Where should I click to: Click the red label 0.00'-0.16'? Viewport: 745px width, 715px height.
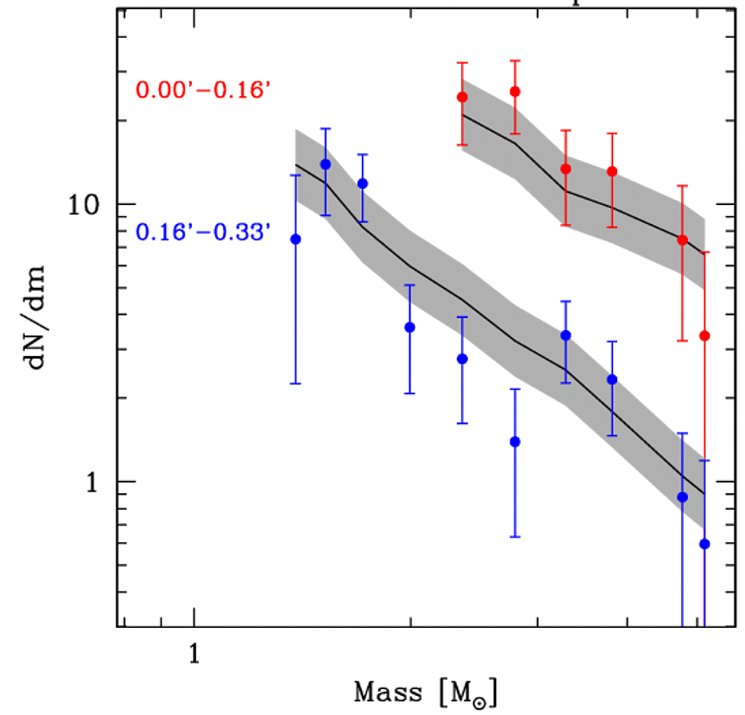[x=203, y=90]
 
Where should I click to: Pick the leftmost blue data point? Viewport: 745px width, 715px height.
[x=296, y=239]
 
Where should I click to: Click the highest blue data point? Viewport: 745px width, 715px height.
[x=325, y=164]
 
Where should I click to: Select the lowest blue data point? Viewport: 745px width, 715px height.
[x=705, y=543]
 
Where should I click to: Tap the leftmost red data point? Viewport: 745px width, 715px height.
[x=462, y=97]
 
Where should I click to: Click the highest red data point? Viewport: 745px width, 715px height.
[x=515, y=91]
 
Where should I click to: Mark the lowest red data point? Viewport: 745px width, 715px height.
[x=705, y=335]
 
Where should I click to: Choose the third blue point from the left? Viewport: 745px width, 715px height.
[x=363, y=184]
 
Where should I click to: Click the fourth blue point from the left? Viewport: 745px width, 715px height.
[x=410, y=327]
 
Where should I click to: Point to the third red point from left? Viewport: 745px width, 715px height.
[x=565, y=168]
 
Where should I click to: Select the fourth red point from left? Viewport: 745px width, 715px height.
[x=612, y=172]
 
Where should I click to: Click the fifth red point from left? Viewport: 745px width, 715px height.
[x=683, y=239]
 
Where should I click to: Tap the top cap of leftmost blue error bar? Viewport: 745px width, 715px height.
[x=296, y=175]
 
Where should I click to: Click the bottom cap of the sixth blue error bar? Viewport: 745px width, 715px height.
[x=515, y=537]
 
